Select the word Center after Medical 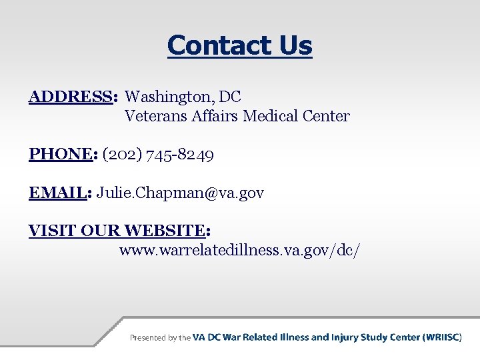click(x=325, y=116)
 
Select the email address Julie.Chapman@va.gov click(x=181, y=193)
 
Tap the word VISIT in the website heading click(x=52, y=231)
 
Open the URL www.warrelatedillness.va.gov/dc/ click(x=241, y=251)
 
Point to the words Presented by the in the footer click(x=160, y=338)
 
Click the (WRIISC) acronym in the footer click(x=442, y=337)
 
